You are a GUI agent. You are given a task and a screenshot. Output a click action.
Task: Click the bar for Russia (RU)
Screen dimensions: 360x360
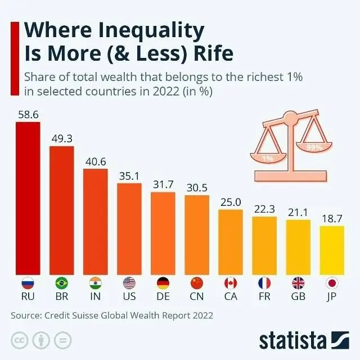[28, 199]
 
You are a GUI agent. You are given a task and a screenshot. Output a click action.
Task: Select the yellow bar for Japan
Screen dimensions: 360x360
[332, 250]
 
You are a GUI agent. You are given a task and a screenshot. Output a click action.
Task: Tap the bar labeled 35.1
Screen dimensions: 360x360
[129, 229]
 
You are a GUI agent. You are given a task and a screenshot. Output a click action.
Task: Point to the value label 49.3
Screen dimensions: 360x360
[62, 139]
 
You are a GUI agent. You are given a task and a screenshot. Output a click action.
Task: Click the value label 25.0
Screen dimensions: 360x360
[231, 202]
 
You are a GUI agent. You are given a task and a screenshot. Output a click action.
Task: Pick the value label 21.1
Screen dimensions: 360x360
[298, 213]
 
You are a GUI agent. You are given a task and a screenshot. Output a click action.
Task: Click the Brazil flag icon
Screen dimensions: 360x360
[62, 283]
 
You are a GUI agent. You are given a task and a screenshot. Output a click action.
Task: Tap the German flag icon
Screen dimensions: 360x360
[163, 283]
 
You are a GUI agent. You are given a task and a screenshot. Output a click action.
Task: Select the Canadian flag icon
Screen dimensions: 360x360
[231, 283]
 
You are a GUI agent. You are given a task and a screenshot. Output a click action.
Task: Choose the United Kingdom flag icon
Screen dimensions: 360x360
[298, 283]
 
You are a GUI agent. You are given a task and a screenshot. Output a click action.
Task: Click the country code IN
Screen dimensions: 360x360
[96, 296]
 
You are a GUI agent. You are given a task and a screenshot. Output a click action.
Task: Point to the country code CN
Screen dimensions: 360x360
[197, 296]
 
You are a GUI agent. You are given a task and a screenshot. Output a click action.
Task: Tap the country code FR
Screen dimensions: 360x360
[264, 296]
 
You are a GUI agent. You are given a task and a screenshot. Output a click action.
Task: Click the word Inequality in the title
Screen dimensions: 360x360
[151, 31]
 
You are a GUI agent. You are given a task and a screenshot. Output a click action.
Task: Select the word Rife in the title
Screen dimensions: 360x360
[213, 53]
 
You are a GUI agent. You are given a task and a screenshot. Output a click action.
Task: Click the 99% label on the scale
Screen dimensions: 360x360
[314, 147]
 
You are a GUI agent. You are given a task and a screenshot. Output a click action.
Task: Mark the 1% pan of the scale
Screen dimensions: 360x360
[268, 157]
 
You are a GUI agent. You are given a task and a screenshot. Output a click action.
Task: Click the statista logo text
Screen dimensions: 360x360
[292, 341]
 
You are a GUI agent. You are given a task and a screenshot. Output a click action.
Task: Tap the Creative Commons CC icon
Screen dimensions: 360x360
[20, 340]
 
